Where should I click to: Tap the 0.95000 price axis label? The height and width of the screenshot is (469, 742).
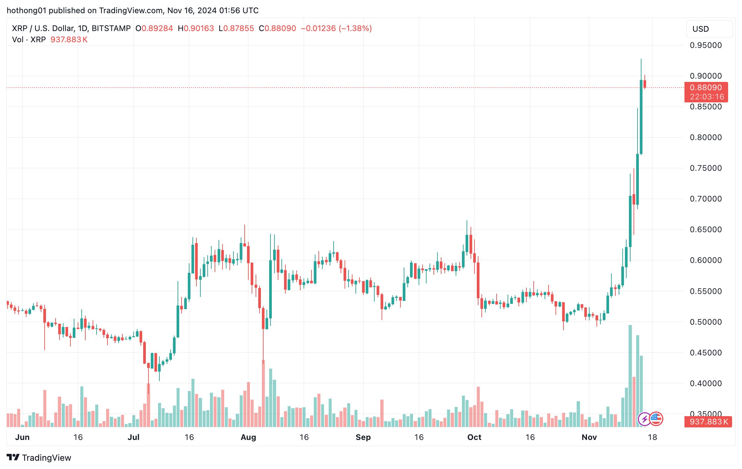[706, 45]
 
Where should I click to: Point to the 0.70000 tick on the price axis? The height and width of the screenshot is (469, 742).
[706, 199]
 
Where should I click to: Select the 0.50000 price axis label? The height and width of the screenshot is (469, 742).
[706, 322]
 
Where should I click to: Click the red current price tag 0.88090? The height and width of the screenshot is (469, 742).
[706, 88]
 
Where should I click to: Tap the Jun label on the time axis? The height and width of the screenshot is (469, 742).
[22, 437]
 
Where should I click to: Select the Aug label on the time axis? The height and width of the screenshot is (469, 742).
[248, 437]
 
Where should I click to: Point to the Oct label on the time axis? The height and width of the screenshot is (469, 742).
[474, 437]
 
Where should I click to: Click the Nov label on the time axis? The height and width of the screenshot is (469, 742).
[589, 437]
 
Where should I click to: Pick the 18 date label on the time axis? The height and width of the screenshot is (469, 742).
[652, 437]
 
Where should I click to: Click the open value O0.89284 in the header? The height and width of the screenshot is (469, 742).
[154, 28]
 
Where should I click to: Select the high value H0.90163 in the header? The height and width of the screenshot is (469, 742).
[196, 28]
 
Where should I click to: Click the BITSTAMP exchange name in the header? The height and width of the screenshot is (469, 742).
[111, 28]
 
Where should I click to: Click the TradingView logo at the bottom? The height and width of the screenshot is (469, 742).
[39, 457]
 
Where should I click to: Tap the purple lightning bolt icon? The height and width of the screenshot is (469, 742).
[644, 419]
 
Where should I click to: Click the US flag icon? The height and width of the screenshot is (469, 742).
[656, 419]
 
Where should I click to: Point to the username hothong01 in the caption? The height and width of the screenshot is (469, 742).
[26, 11]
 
